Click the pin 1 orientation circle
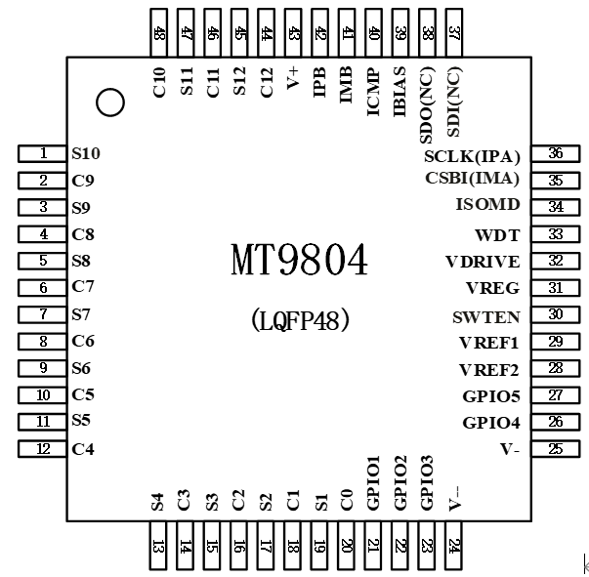(110, 102)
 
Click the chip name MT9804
(300, 261)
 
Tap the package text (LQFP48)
(300, 319)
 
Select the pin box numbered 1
(42, 153)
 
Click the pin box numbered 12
(42, 449)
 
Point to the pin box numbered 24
(453, 546)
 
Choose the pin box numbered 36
(555, 153)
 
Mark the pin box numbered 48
(159, 32)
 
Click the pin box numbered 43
(293, 32)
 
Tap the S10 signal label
(86, 153)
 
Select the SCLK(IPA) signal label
(472, 155)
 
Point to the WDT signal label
(497, 234)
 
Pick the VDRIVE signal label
(483, 261)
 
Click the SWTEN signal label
(486, 316)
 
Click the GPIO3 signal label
(426, 481)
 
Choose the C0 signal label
(346, 501)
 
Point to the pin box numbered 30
(555, 314)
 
